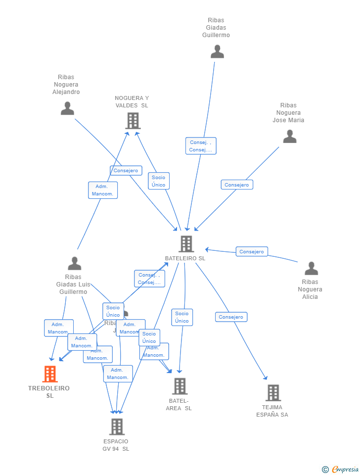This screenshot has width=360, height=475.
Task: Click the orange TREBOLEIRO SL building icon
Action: coord(50,374)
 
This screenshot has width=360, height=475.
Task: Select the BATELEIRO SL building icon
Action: coord(186,243)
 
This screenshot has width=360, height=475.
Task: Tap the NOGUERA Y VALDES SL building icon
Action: coord(133,121)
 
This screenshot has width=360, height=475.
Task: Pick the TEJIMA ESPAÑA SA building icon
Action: coord(273,393)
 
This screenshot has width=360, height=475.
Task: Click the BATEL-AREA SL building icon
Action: coord(180,386)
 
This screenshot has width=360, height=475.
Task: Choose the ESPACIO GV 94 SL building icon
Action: coord(117,427)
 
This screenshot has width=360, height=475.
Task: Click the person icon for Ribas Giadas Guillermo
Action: coord(217,51)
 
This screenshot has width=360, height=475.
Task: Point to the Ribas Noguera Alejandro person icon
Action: coord(67,108)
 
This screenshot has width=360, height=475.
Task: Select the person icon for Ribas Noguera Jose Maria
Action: coord(289,137)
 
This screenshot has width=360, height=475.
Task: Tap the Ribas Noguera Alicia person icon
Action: coord(311,269)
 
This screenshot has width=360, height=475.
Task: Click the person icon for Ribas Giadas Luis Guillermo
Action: coord(75,264)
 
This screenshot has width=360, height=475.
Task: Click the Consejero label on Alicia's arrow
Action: coord(252,251)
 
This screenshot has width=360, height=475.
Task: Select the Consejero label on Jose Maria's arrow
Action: coord(237,185)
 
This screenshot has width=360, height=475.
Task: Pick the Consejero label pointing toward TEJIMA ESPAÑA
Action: coord(231,317)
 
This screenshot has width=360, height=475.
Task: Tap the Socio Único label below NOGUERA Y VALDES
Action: coord(158,181)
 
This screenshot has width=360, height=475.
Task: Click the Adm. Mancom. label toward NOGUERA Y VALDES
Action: coord(103,190)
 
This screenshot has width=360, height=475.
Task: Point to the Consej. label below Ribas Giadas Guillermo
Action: coord(201,146)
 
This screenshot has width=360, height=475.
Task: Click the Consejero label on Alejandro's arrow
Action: coord(126,171)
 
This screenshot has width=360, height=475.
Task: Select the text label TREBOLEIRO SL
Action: coord(49,392)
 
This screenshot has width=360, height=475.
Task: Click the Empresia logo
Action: coord(341,469)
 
